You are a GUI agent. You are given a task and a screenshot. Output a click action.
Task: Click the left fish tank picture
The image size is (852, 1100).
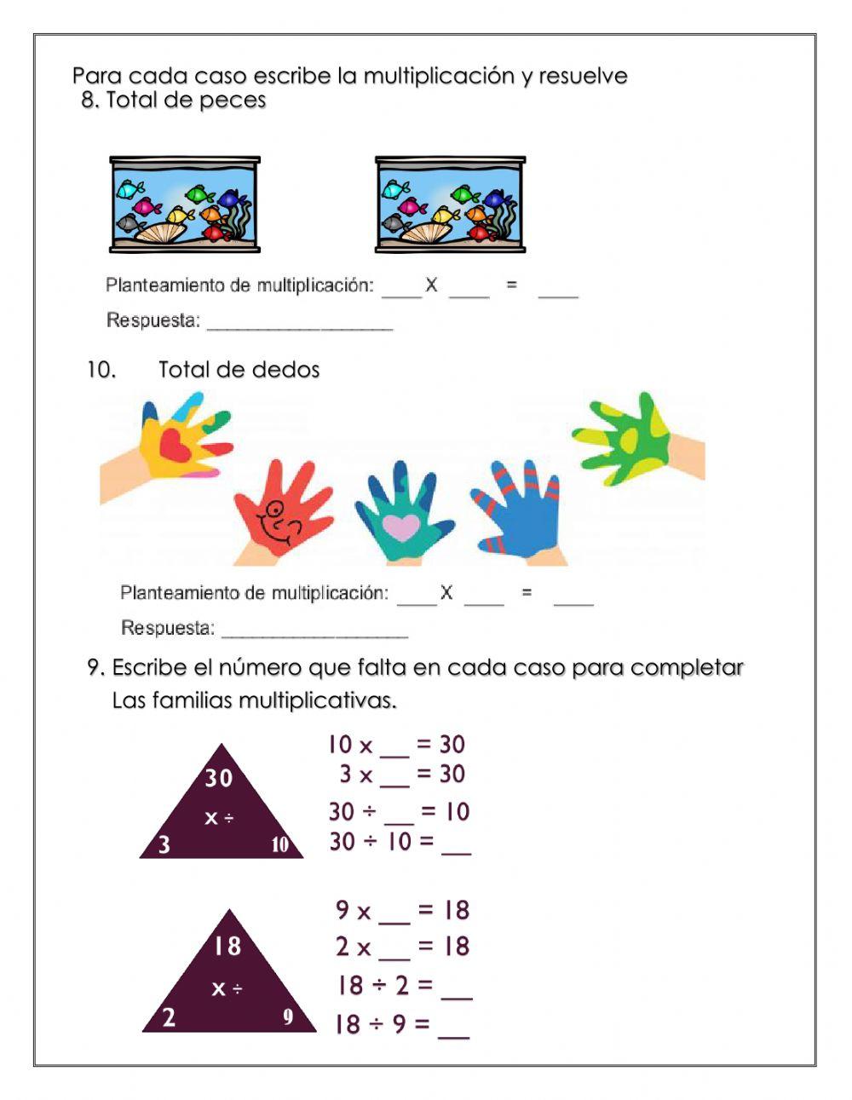pyautogui.click(x=185, y=204)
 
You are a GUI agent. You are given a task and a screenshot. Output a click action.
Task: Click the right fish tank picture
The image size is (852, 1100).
pyautogui.click(x=450, y=204)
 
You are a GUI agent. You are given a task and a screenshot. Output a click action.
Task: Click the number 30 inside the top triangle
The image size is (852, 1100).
pyautogui.click(x=219, y=778)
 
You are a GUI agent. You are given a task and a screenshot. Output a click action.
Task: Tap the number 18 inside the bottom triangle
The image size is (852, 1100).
pyautogui.click(x=227, y=946)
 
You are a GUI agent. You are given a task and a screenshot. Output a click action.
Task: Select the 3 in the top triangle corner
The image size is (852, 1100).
pyautogui.click(x=164, y=845)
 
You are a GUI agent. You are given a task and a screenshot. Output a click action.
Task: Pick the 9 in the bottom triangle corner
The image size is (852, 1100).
pyautogui.click(x=288, y=1016)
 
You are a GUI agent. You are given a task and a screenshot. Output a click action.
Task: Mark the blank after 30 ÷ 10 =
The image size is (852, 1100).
pyautogui.click(x=457, y=849)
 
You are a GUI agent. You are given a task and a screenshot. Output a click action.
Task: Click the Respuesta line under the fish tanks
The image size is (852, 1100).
pyautogui.click(x=300, y=325)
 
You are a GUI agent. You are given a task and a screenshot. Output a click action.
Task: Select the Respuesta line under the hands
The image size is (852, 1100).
pyautogui.click(x=314, y=632)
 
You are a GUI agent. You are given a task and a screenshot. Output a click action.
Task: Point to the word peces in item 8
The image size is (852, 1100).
pyautogui.click(x=233, y=101)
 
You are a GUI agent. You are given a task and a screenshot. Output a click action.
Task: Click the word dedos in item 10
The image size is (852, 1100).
pyautogui.click(x=286, y=370)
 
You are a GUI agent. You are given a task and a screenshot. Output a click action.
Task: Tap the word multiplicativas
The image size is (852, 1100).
pyautogui.click(x=317, y=702)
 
